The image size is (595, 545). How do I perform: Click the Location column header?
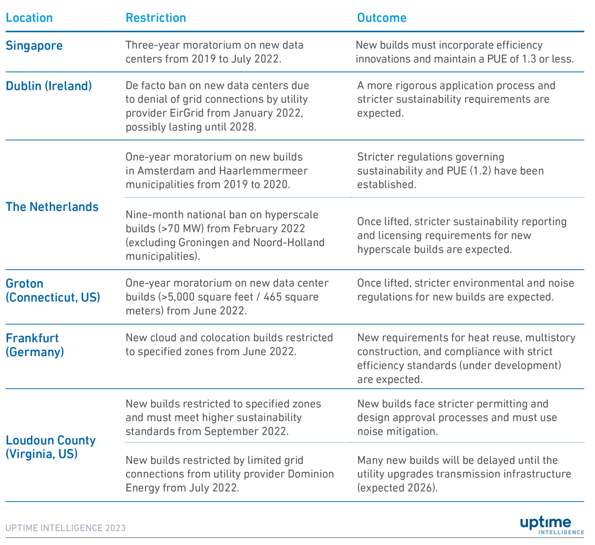tap(29, 18)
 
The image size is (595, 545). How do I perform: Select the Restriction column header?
tap(156, 18)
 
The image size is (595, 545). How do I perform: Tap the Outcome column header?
tap(382, 18)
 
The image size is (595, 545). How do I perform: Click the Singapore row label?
tap(34, 45)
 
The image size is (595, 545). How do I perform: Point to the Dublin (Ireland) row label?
tap(49, 86)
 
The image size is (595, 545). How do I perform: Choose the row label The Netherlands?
tap(52, 207)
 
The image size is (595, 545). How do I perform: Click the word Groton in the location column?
tap(24, 284)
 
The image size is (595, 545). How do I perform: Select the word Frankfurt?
tap(32, 338)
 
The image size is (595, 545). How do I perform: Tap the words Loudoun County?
tap(51, 440)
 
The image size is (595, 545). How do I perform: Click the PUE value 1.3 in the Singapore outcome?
tap(528, 59)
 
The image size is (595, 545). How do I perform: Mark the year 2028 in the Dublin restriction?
tap(242, 127)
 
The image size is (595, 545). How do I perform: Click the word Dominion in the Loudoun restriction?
tap(311, 474)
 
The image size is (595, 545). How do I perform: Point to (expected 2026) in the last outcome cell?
tap(397, 488)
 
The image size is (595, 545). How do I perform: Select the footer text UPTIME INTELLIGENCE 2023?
tap(66, 528)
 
